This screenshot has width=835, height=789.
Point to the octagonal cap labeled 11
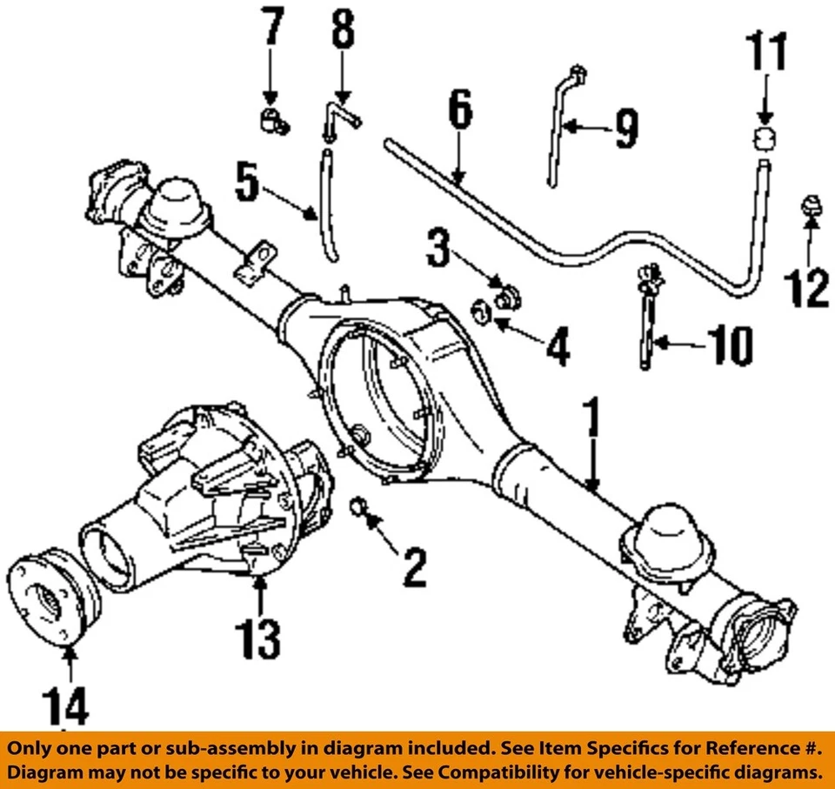pyautogui.click(x=764, y=138)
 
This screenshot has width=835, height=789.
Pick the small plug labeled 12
pyautogui.click(x=810, y=209)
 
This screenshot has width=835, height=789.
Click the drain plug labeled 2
pyautogui.click(x=358, y=505)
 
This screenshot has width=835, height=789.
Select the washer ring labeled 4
pyautogui.click(x=479, y=309)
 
